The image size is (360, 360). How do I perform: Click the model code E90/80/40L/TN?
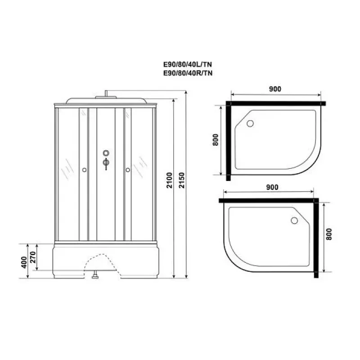click(187, 64)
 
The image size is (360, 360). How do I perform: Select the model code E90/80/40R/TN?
click(188, 73)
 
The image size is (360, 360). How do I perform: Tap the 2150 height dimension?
click(182, 180)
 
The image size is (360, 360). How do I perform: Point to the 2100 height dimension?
click(169, 180)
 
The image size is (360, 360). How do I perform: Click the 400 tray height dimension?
click(24, 262)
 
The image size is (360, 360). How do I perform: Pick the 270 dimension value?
click(33, 257)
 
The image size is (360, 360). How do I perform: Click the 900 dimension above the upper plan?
click(275, 89)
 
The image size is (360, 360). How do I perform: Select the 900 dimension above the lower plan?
click(272, 187)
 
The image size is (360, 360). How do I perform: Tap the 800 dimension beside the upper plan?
click(216, 139)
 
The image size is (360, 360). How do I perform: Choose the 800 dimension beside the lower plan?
click(329, 234)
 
